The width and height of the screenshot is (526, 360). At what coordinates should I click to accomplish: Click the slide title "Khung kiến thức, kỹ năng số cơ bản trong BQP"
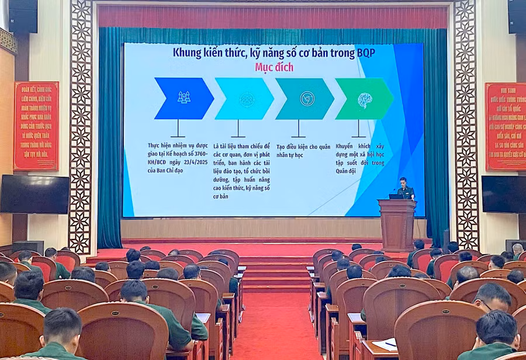click(x=274, y=53)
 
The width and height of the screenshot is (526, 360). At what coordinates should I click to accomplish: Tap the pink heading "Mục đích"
click(x=274, y=67)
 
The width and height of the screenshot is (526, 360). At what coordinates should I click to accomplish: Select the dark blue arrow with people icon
click(x=184, y=98)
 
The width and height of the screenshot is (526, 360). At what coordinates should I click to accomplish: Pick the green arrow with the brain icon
click(x=364, y=99)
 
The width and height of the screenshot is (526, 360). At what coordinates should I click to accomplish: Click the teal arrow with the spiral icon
click(x=304, y=99)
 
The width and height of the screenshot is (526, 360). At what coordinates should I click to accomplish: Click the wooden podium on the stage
click(x=397, y=224)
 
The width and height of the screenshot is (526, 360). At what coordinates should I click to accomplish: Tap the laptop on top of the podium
click(x=396, y=196)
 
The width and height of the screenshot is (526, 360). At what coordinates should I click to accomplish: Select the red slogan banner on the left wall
click(x=36, y=126)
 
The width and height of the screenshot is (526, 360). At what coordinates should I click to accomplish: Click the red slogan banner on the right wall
click(x=506, y=126)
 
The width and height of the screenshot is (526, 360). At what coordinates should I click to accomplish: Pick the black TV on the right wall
click(x=503, y=194)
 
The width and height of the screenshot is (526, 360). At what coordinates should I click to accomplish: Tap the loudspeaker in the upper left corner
click(x=23, y=16)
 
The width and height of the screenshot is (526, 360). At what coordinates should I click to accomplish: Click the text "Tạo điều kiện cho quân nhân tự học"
click(x=303, y=151)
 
